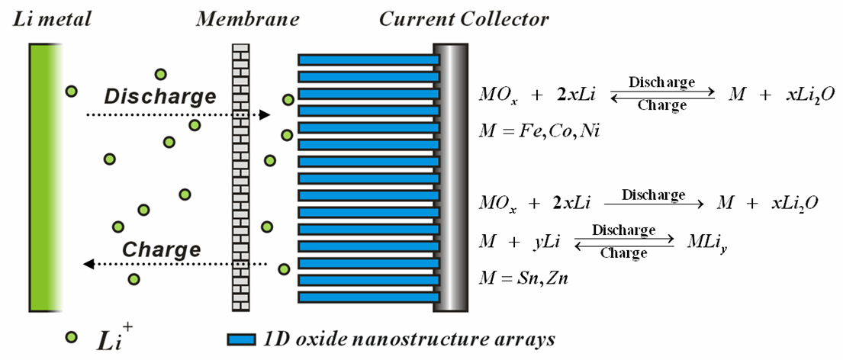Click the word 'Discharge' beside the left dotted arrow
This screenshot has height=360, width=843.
click(159, 97)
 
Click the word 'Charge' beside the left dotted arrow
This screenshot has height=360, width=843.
click(162, 249)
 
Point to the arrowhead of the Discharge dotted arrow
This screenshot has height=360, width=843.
click(265, 115)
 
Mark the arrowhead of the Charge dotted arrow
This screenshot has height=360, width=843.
click(88, 264)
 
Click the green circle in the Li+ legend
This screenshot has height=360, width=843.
click(71, 336)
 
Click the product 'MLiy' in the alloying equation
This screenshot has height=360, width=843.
click(703, 243)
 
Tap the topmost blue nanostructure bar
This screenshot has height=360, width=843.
click(368, 59)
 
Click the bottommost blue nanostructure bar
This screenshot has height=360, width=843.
click(368, 297)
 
